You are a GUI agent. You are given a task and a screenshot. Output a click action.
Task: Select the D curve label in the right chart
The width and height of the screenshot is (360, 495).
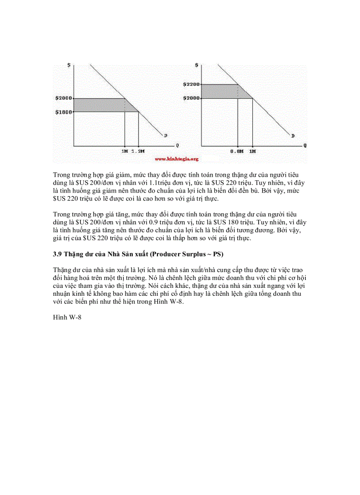tap(292, 135)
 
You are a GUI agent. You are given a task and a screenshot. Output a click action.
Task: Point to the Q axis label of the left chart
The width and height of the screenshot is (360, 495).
tap(177, 145)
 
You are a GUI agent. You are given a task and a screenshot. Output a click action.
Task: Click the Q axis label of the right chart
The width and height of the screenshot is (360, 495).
tap(304, 145)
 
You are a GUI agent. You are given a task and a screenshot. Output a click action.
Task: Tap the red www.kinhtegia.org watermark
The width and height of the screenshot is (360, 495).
tap(176, 159)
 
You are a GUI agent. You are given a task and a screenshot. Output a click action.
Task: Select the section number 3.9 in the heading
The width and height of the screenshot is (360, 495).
tap(57, 254)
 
